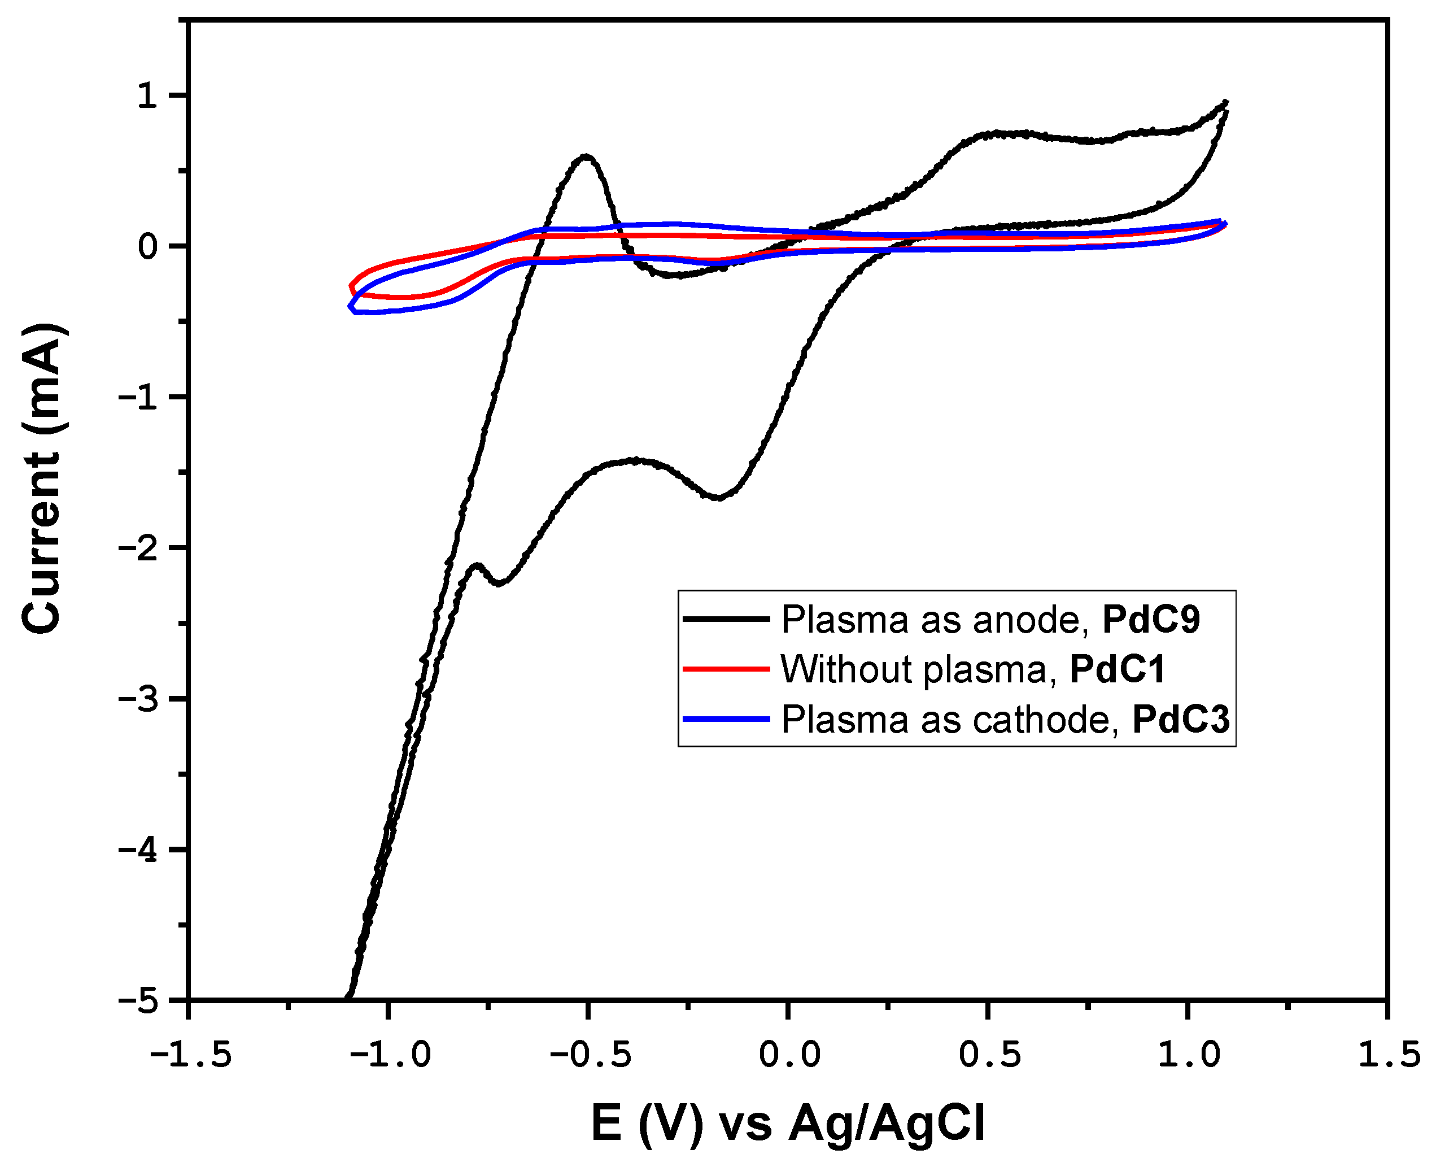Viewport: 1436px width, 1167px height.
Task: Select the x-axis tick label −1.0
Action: pyautogui.click(x=389, y=1055)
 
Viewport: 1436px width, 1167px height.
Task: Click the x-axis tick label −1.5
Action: pyautogui.click(x=190, y=1055)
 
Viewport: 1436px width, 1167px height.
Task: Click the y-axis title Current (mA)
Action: pyautogui.click(x=42, y=478)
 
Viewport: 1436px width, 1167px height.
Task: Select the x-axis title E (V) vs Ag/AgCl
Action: pyautogui.click(x=788, y=1124)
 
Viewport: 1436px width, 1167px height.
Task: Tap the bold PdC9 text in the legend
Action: pyautogui.click(x=1150, y=619)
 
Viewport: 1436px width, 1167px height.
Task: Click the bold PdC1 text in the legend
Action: pyautogui.click(x=1117, y=669)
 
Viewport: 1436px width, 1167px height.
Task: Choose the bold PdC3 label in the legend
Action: pyautogui.click(x=1181, y=720)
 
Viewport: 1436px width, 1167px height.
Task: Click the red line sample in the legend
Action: pyautogui.click(x=726, y=669)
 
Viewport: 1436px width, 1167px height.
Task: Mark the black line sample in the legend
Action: pyautogui.click(x=726, y=619)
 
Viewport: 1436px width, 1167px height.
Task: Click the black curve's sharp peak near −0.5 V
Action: pyautogui.click(x=586, y=156)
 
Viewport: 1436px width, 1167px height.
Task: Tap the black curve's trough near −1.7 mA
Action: pyautogui.click(x=718, y=498)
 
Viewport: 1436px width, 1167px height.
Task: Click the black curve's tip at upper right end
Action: pyautogui.click(x=1227, y=102)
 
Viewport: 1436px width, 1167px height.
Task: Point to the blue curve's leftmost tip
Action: pyautogui.click(x=350, y=307)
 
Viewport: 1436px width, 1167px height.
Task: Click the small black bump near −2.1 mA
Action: pyautogui.click(x=477, y=566)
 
